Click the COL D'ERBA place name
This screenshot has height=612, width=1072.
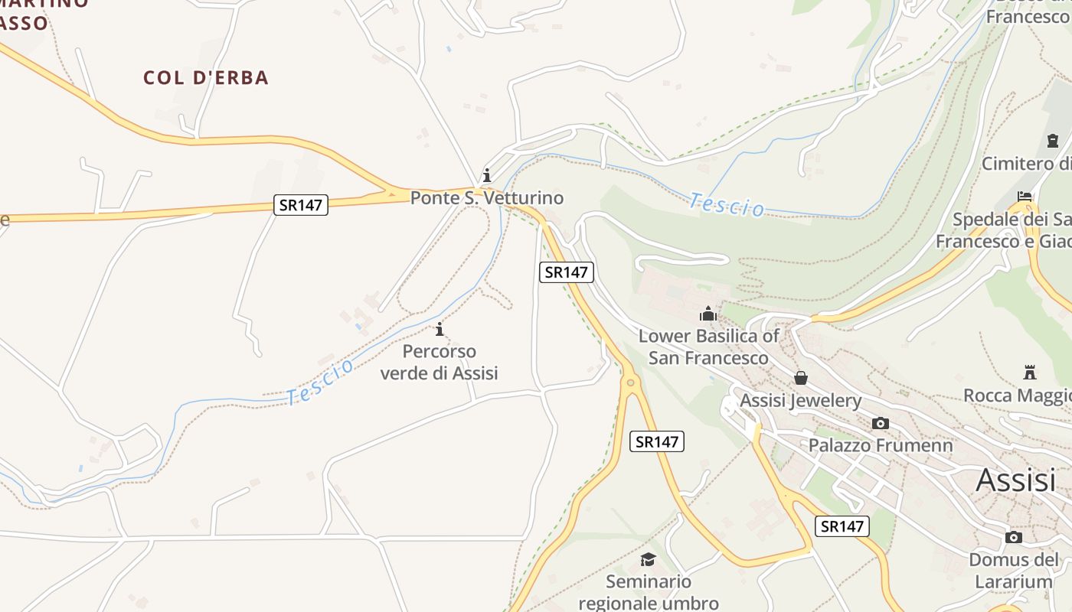206,77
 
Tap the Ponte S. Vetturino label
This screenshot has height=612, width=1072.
487,198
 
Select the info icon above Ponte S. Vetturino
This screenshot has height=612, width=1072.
486,175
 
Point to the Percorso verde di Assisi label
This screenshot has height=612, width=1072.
440,362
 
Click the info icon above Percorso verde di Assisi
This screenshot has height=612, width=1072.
440,330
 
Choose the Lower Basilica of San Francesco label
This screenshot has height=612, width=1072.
708,347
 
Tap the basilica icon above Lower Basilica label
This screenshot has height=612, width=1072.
708,314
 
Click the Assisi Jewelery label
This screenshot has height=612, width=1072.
800,400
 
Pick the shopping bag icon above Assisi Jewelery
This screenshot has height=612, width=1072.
801,378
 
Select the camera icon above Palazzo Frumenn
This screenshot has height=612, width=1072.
881,423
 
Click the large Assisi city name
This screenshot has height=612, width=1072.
1016,480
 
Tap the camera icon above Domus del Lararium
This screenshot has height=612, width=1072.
1014,537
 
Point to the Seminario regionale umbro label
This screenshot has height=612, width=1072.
649,592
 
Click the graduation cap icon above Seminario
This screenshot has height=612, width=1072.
649,560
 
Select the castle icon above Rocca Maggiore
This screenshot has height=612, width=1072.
1030,373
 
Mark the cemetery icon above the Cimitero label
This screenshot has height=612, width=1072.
1052,141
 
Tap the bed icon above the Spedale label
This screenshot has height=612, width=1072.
1025,197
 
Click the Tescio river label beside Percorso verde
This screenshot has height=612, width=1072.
320,381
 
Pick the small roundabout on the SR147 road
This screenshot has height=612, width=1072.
630,382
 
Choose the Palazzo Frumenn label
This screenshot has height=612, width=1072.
881,445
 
